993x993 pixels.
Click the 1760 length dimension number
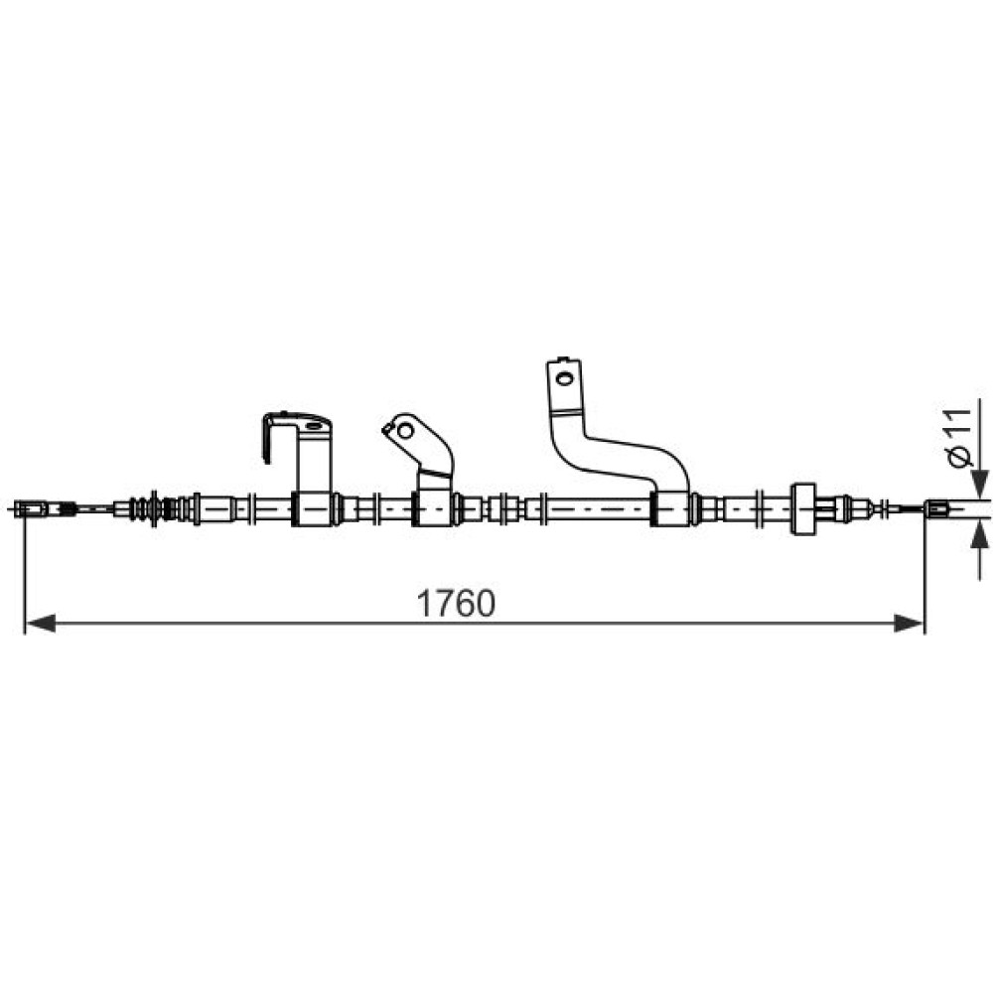456,603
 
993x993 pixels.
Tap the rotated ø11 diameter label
960,438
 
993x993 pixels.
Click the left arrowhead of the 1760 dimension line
41,624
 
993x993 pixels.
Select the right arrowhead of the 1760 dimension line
909,624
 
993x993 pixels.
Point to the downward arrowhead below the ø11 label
980,484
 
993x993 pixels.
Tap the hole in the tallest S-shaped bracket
563,378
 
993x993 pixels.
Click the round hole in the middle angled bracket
405,432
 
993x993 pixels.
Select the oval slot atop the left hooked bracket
314,426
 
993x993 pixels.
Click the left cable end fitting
31,508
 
